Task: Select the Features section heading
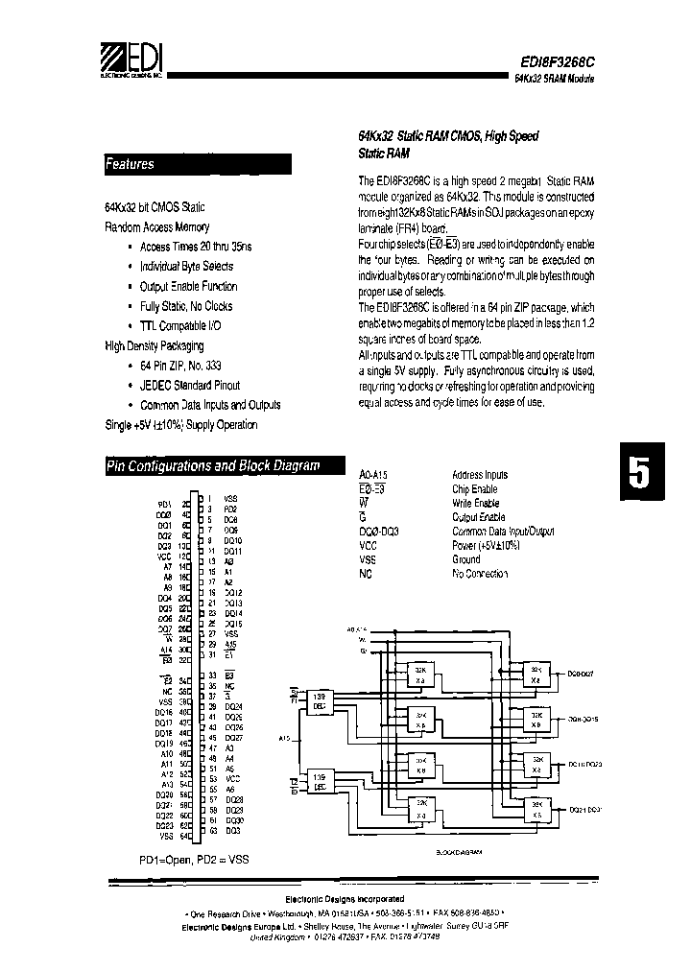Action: (x=130, y=165)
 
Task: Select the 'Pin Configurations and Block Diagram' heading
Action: (x=212, y=466)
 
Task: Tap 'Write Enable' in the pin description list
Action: (x=475, y=503)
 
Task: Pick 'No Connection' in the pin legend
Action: (x=479, y=574)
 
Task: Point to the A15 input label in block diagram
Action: (x=285, y=739)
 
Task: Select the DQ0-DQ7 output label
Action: (x=576, y=675)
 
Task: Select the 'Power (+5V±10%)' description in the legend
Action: (x=485, y=545)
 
